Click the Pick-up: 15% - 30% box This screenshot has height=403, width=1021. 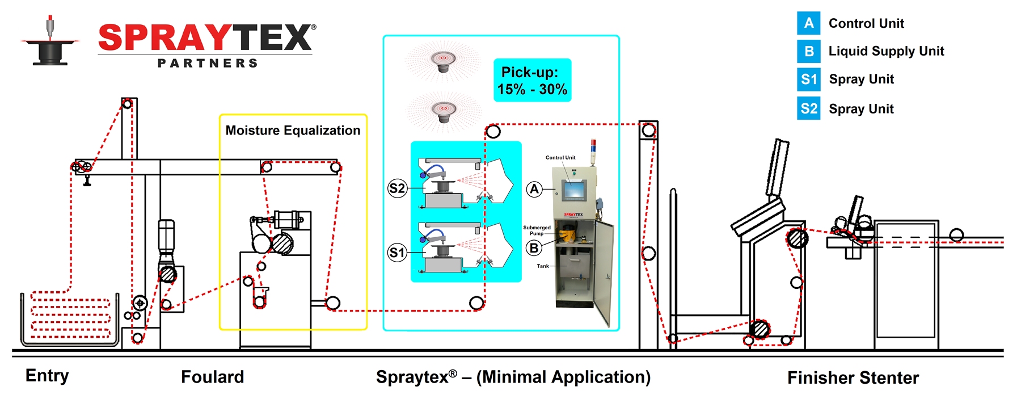click(532, 81)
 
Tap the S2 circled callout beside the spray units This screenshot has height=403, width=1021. click(397, 188)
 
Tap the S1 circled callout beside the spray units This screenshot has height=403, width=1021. click(397, 253)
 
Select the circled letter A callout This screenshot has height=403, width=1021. click(534, 189)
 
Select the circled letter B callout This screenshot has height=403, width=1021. click(534, 248)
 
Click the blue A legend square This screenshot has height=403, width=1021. click(809, 23)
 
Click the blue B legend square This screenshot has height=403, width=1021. click(809, 51)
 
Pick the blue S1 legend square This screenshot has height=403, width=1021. click(809, 79)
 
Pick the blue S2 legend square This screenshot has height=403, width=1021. click(809, 108)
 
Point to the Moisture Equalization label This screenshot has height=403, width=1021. click(293, 131)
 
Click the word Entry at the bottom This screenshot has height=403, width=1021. click(47, 376)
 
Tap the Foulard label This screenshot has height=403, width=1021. click(212, 377)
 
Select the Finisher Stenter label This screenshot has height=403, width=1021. click(853, 378)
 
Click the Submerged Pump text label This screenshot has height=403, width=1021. click(537, 230)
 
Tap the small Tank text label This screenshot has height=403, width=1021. click(543, 266)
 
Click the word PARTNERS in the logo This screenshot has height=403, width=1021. click(208, 63)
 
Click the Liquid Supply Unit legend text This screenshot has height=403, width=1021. click(886, 51)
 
